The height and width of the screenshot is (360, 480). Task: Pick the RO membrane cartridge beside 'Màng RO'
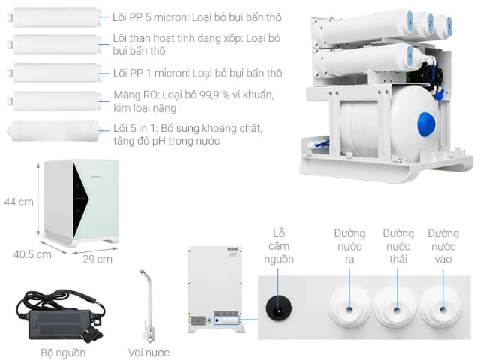(x=55, y=101)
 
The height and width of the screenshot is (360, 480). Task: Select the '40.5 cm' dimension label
(x=32, y=254)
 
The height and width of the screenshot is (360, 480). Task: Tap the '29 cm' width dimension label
(x=97, y=259)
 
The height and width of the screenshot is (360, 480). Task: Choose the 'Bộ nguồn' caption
(x=63, y=352)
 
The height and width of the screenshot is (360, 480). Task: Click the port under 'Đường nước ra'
(x=349, y=307)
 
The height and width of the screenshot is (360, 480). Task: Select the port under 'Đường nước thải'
(x=397, y=307)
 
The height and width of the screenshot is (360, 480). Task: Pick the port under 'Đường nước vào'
(x=442, y=307)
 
